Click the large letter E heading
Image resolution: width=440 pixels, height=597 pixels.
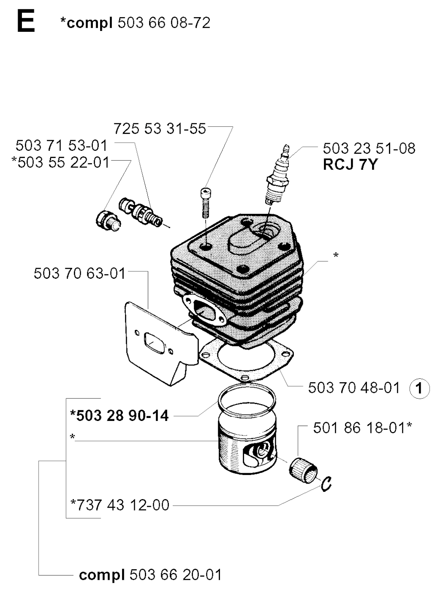[x=25, y=22]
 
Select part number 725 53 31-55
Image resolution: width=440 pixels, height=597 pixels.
[x=160, y=128]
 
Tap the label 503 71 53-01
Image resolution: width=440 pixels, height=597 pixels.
[x=61, y=146]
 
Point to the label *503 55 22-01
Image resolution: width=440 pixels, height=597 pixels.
[x=61, y=163]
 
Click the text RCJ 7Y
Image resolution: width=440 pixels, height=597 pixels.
[x=350, y=164]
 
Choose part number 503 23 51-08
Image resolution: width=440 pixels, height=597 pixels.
[x=369, y=149]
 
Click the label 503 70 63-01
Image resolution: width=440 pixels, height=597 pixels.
[x=79, y=274]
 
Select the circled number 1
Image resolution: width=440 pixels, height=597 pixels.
[x=419, y=389]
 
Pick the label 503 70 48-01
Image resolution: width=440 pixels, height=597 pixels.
[x=354, y=388]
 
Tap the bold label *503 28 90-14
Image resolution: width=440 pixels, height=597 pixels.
[x=119, y=415]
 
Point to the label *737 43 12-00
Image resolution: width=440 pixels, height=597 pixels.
[x=120, y=505]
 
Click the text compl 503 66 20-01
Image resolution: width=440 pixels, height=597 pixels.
[x=150, y=575]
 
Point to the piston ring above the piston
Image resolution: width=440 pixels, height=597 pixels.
[x=246, y=397]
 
